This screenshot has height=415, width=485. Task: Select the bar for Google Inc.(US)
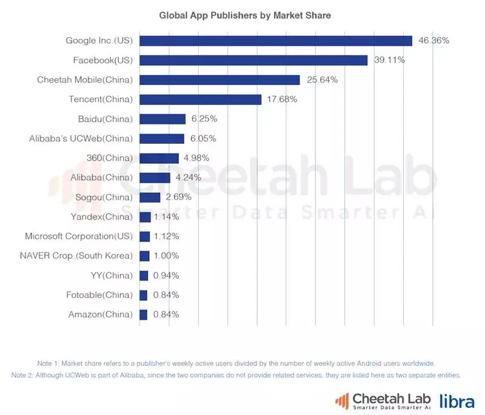coord(276,41)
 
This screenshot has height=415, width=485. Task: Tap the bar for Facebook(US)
coord(253,60)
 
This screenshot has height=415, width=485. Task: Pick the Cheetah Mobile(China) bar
coord(219,80)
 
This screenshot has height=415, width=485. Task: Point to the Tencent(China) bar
coord(200,100)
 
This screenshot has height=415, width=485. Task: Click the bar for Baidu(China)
coord(162,119)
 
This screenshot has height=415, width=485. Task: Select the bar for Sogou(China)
coord(150,197)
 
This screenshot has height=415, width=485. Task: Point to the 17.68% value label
coord(282,100)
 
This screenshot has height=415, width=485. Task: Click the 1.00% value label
coord(167,256)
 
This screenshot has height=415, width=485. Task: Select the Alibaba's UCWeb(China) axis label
coord(81,138)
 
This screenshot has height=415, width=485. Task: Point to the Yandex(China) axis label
coord(100,217)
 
